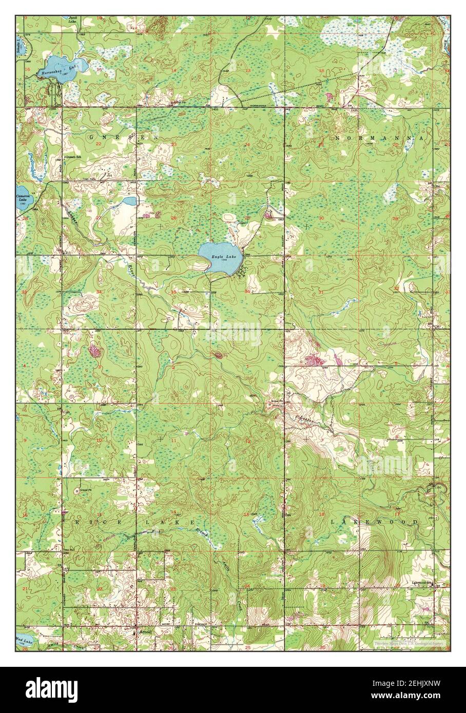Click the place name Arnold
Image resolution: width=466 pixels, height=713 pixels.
point(145,632)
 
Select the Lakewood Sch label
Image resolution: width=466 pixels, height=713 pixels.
point(421,583)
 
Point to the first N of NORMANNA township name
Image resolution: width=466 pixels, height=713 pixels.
point(338,138)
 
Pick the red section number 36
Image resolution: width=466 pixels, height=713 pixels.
point(248,292)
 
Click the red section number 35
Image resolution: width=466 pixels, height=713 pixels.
point(173,292)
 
